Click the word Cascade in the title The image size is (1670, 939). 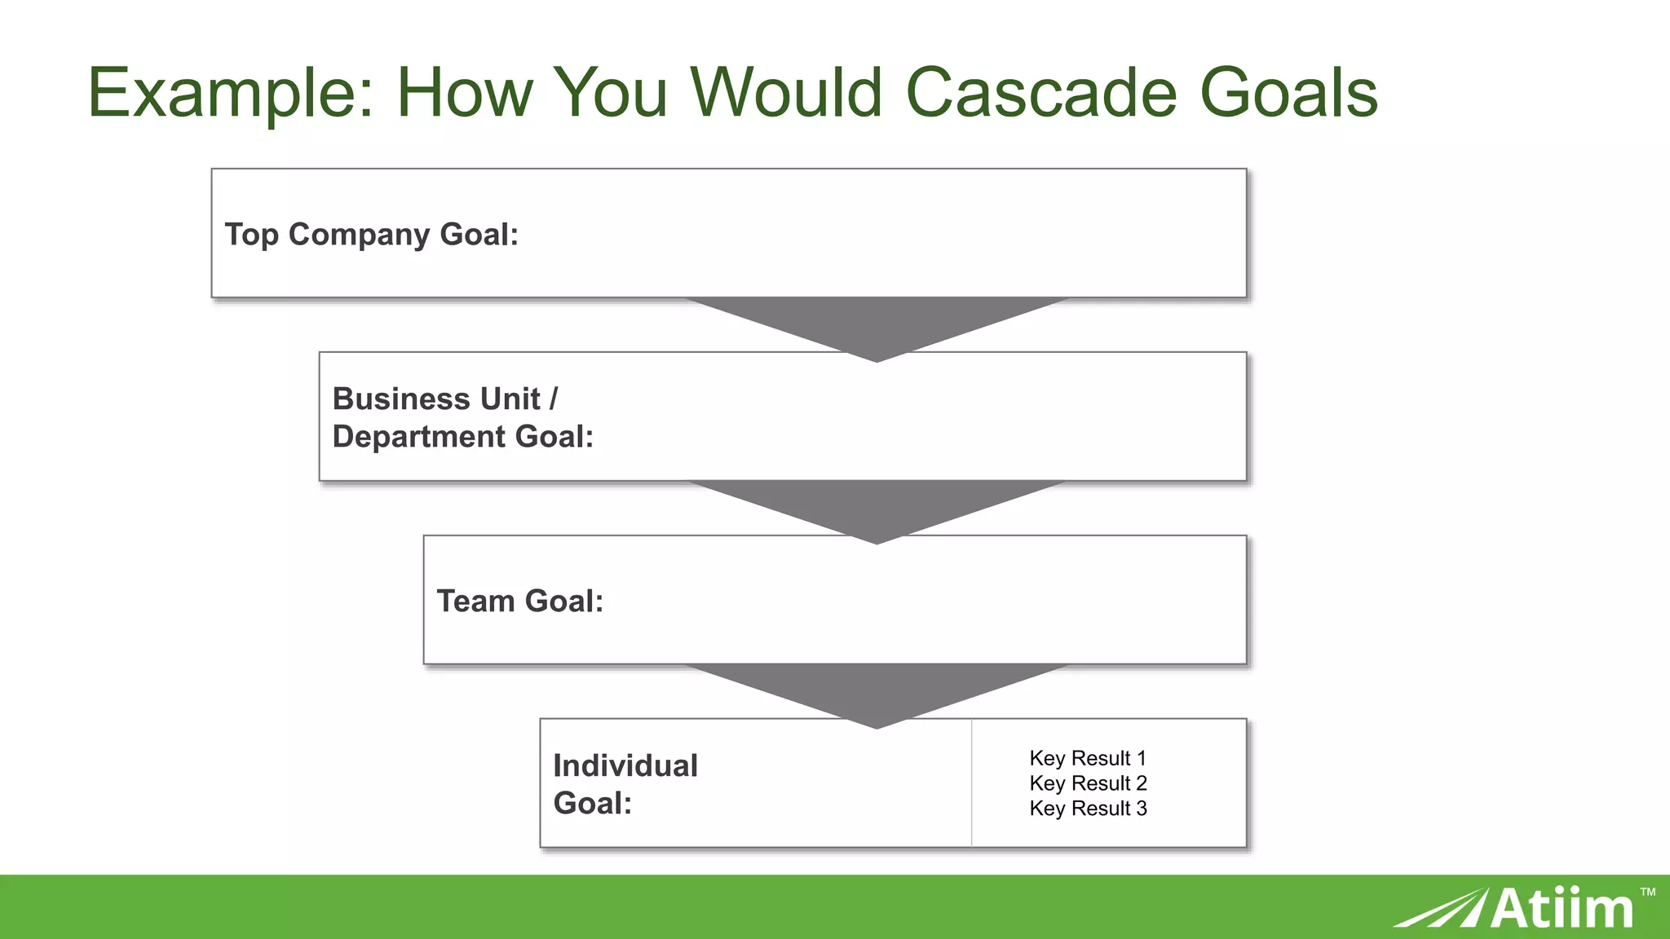pos(1041,92)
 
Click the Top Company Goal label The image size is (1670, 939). pos(372,235)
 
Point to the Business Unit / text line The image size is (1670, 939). pos(445,399)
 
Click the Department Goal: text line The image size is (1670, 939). pos(462,437)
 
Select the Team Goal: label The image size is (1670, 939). pos(520,601)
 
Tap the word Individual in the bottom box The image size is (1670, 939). pos(625,765)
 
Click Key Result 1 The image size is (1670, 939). pos(1088,758)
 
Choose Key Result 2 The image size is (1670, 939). pos(1088,783)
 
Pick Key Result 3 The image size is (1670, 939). pos(1088,809)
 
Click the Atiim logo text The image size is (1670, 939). pos(1562,909)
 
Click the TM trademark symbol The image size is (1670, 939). pos(1647,892)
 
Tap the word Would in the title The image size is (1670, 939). pos(786,92)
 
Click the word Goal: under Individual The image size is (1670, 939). pos(593,804)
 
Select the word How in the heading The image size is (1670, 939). pos(464,92)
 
